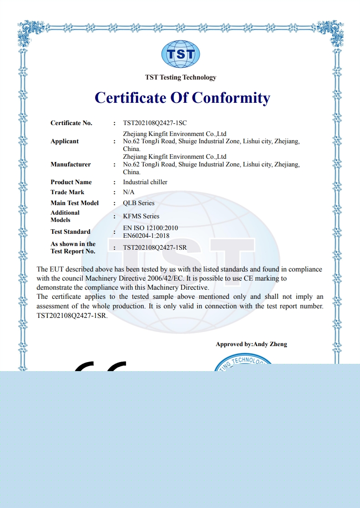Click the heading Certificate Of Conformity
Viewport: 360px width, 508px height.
coord(182,97)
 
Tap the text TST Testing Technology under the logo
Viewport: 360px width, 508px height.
coord(181,77)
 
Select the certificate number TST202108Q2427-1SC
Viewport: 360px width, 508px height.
coord(155,123)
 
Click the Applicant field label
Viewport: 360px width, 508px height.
coord(65,141)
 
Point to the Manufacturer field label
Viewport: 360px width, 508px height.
coord(71,164)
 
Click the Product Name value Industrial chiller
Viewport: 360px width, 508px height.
coord(145,182)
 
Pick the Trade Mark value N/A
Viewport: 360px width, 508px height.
coord(129,192)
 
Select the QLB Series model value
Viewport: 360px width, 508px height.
coord(139,203)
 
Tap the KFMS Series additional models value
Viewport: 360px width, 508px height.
coord(141,216)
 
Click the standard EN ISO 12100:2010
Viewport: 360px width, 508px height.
coord(151,228)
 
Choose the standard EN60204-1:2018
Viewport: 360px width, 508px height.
coord(146,236)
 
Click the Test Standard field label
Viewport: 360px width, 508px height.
coord(71,231)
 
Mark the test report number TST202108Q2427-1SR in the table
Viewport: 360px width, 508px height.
coord(155,247)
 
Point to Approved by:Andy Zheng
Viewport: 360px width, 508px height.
coord(251,344)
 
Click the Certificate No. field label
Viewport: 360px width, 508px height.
coord(71,123)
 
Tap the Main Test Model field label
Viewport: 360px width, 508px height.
coord(75,203)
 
